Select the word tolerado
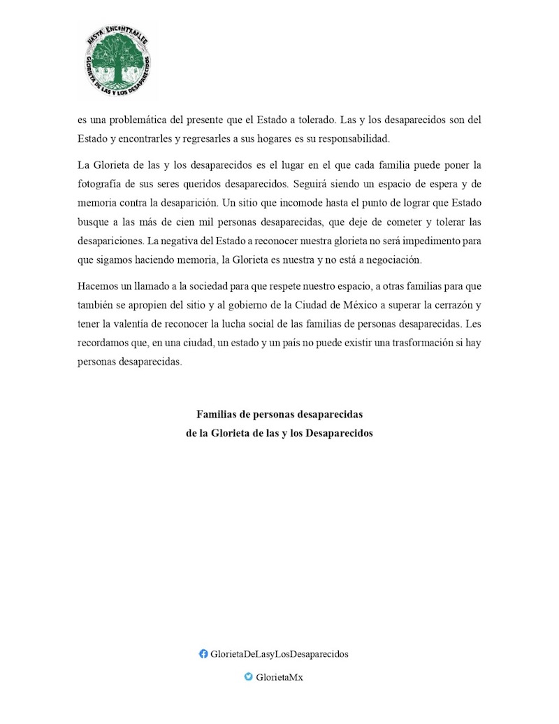click(x=331, y=120)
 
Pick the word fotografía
click(x=103, y=185)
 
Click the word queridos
click(x=217, y=185)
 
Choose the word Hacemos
click(x=98, y=287)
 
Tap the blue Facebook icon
click(x=203, y=654)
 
